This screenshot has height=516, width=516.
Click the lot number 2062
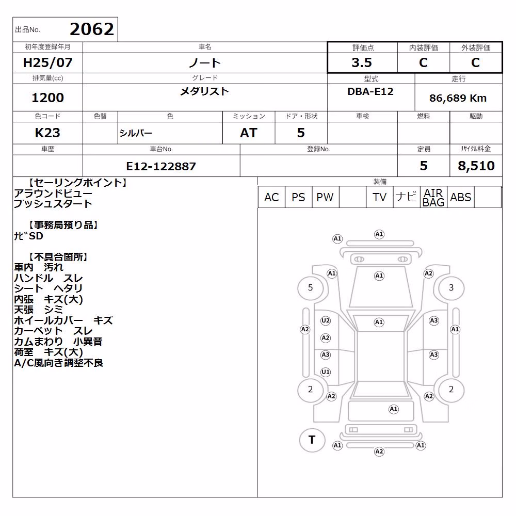(x=92, y=29)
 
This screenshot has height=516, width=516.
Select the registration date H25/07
(x=47, y=62)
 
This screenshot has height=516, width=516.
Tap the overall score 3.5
(x=362, y=62)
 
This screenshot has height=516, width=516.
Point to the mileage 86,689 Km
(x=458, y=98)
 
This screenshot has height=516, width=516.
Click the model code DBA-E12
(x=370, y=91)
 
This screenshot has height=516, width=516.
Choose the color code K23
(x=47, y=133)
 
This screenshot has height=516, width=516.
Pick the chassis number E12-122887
(x=161, y=167)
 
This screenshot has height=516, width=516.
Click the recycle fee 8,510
(x=476, y=166)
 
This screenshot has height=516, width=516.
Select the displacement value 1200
(x=47, y=98)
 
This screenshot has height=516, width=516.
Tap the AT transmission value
(x=249, y=133)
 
